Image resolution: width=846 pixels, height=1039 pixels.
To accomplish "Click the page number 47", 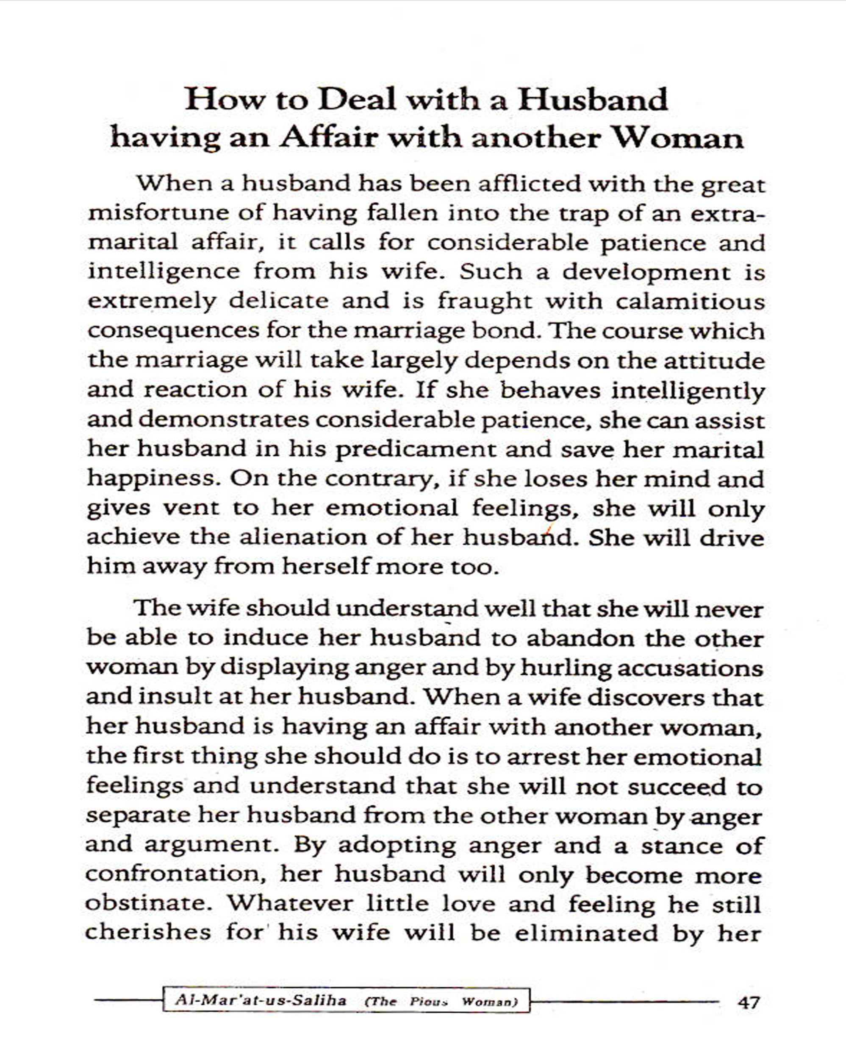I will tap(749, 1003).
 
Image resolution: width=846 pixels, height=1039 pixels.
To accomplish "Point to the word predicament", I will tap(415, 449).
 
